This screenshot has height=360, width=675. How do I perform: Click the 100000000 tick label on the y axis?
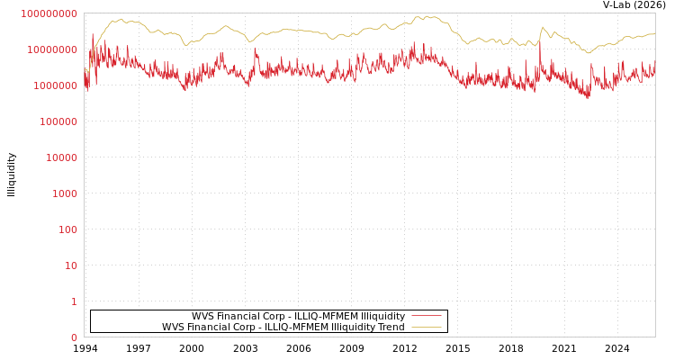click(49, 13)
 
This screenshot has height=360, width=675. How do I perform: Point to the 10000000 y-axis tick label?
click(52, 49)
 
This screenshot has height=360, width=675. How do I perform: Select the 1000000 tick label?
click(55, 85)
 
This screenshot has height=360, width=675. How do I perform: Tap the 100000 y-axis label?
click(58, 121)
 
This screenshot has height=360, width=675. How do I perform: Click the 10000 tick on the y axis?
click(60, 157)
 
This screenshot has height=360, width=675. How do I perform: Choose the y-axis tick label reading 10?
click(70, 265)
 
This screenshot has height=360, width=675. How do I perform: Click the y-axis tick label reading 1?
click(74, 301)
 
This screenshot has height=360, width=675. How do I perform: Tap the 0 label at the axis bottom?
click(74, 337)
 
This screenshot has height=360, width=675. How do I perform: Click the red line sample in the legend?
click(426, 316)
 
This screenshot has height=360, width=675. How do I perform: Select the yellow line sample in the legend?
click(426, 328)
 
